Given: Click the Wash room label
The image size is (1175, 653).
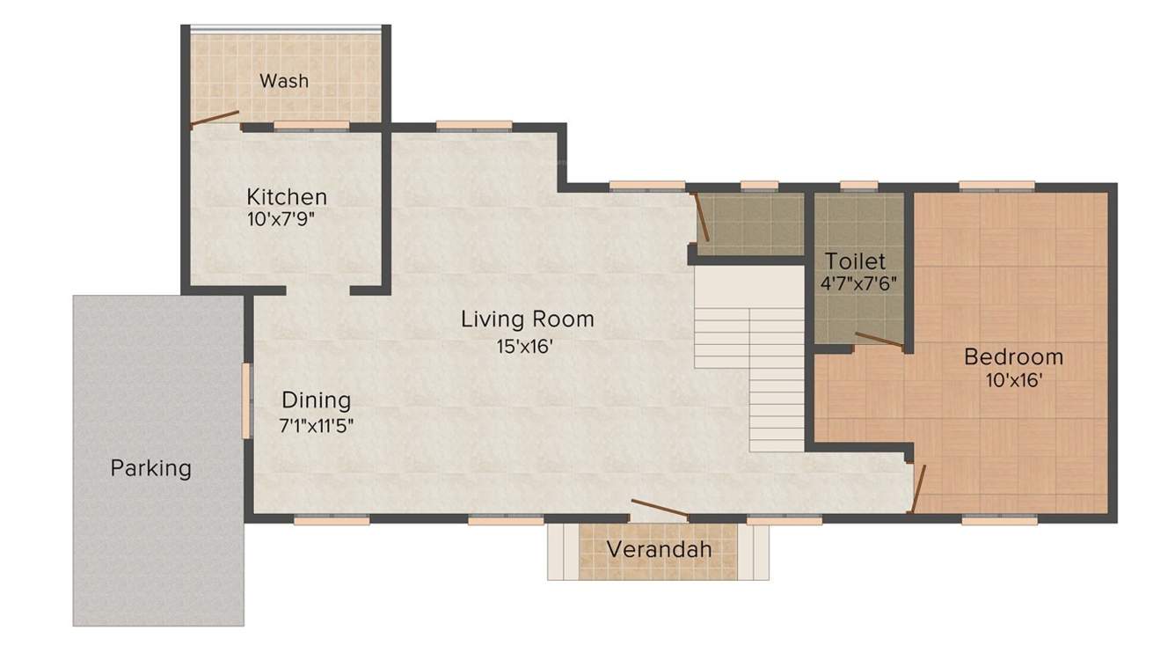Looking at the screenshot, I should point(284,81).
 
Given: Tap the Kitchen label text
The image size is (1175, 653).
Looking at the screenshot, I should point(287,196).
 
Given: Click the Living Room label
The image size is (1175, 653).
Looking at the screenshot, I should point(528,319).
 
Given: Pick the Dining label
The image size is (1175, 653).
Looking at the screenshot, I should point(316,400).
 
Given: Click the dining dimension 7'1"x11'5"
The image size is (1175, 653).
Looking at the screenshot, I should point(317,426).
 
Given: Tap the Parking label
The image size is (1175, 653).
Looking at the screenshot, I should point(150,467).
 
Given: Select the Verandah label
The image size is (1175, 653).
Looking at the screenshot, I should point(659,550).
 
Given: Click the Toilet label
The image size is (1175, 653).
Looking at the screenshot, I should point(856,261).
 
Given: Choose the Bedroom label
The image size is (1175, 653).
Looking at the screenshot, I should point(1013,357).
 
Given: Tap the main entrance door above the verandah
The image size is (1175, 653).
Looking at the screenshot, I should point(660,510).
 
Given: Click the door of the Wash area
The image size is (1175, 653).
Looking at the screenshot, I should point(215,119).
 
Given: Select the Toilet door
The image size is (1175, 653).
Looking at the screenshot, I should point(879,341).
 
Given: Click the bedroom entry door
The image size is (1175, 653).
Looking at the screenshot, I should point(918,489).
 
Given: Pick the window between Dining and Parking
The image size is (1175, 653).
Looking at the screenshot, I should point(247,400).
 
